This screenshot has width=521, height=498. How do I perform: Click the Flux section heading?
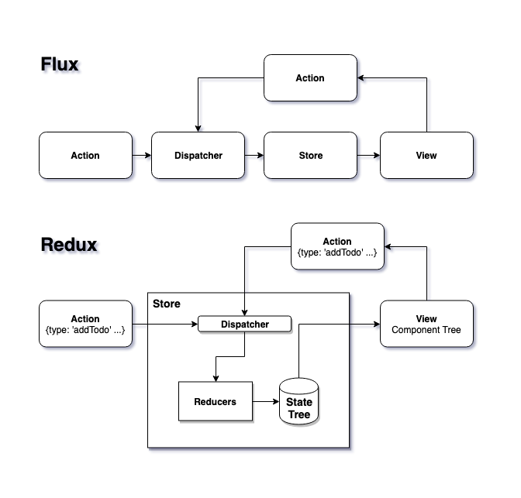point(60,64)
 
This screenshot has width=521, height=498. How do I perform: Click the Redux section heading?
point(69,245)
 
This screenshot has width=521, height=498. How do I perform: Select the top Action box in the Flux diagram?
point(310,77)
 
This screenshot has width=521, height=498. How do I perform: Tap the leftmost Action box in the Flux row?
point(85,155)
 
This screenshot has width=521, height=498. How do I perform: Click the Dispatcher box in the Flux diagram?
point(198,155)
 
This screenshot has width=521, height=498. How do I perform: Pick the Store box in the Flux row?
point(310,155)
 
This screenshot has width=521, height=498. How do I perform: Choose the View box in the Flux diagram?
point(426,155)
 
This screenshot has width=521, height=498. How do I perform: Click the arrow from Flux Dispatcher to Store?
point(254,155)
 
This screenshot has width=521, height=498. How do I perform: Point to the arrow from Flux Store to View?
point(368,155)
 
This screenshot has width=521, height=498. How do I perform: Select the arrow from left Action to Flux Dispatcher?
point(141,155)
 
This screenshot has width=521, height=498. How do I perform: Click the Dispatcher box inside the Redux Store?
point(245,325)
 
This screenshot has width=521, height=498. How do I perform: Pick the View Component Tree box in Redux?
point(426,324)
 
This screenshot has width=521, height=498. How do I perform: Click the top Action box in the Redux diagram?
point(337,246)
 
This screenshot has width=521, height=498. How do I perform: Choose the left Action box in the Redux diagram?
point(85,324)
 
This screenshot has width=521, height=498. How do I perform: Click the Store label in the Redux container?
point(167,304)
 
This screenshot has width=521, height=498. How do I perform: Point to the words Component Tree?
point(426,330)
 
